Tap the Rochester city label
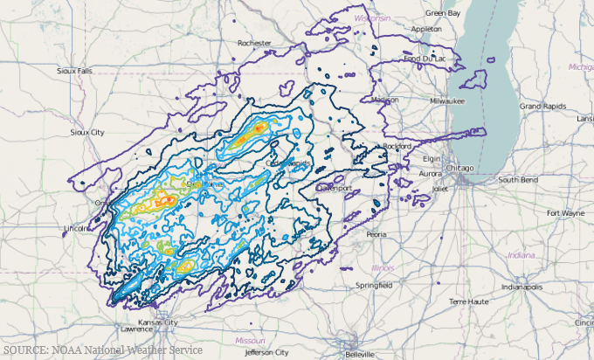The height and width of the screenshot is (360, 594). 256,42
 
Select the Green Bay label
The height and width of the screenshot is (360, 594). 442,13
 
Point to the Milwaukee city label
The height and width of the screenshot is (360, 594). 446,100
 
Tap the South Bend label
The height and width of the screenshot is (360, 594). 518,179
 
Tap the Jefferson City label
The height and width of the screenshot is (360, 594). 266,352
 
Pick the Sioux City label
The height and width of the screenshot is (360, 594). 86,132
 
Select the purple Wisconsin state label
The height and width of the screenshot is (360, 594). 373,17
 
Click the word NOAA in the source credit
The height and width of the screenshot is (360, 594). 74,350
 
